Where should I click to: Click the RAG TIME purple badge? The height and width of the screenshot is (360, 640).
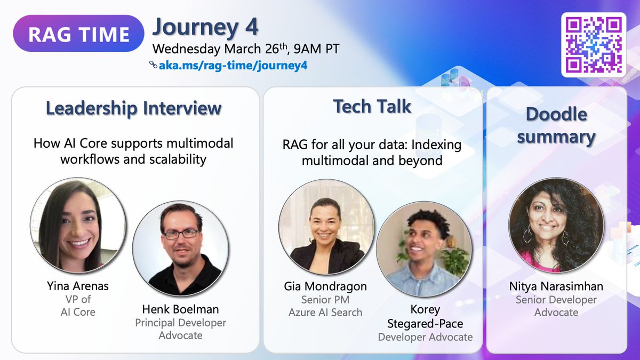click(x=78, y=34)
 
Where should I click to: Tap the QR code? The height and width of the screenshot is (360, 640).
click(x=594, y=45)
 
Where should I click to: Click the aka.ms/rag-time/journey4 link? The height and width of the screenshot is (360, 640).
click(x=233, y=66)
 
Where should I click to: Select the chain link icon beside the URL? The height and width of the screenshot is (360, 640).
click(x=153, y=65)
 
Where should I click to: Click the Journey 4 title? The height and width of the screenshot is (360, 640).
click(x=205, y=27)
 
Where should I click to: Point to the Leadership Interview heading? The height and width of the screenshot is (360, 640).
click(x=134, y=108)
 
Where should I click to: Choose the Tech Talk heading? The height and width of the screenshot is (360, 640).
click(x=372, y=106)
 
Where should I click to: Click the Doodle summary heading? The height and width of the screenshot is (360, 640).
click(x=556, y=126)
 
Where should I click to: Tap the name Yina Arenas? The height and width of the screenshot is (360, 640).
click(x=78, y=286)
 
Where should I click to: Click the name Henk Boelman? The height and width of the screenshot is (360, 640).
click(x=181, y=309)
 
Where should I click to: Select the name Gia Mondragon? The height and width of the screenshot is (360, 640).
click(x=325, y=286)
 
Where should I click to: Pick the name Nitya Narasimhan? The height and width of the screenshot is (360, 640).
click(x=556, y=286)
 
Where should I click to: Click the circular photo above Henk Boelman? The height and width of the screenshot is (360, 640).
click(x=181, y=249)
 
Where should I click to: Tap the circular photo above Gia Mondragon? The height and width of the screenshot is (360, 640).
click(x=326, y=227)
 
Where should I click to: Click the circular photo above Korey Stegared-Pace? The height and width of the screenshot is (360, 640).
click(x=425, y=249)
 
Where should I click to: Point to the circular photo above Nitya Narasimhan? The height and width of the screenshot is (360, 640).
click(x=556, y=225)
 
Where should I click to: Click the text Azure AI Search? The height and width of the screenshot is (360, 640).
click(x=325, y=313)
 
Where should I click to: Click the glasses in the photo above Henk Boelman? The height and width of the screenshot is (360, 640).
click(x=180, y=234)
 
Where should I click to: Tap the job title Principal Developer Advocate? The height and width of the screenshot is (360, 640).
click(x=181, y=329)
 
